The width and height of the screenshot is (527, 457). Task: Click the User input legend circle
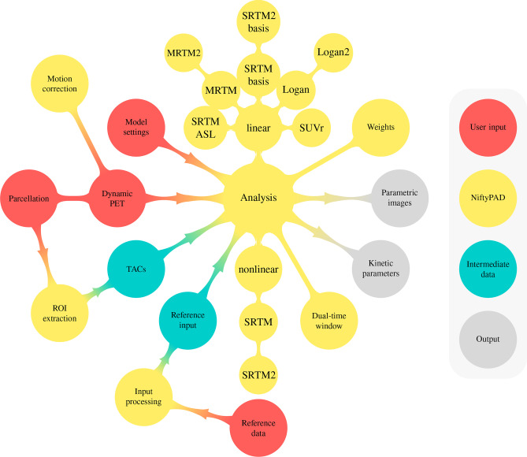487,125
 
